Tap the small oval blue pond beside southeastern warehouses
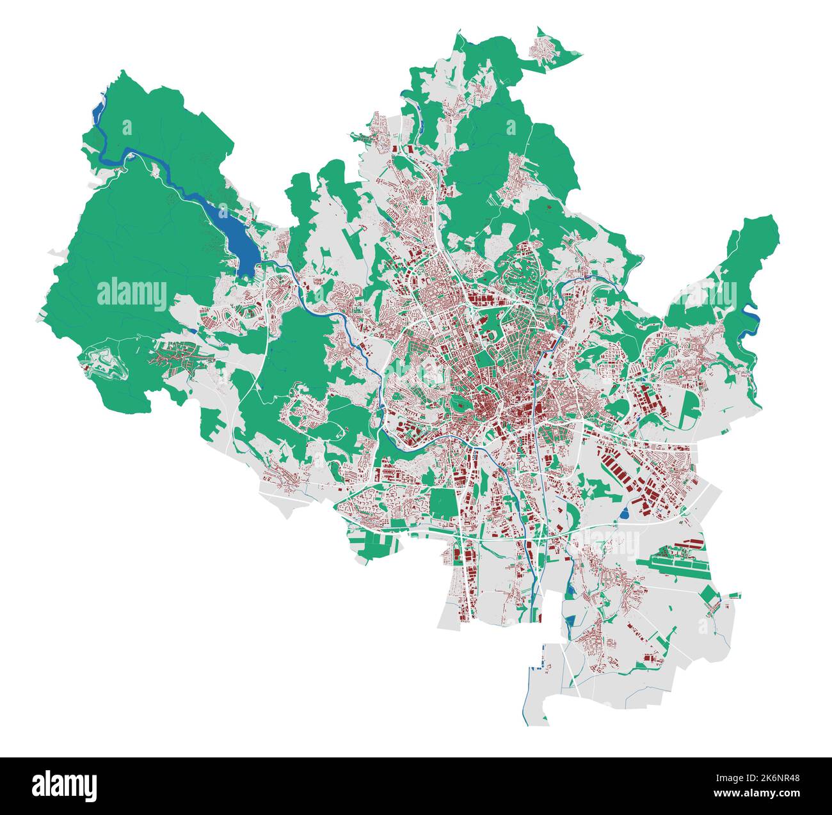624,512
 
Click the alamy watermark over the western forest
132,295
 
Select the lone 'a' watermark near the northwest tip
126,127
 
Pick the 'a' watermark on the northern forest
511,127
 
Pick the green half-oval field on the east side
690,409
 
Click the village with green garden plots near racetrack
176,357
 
